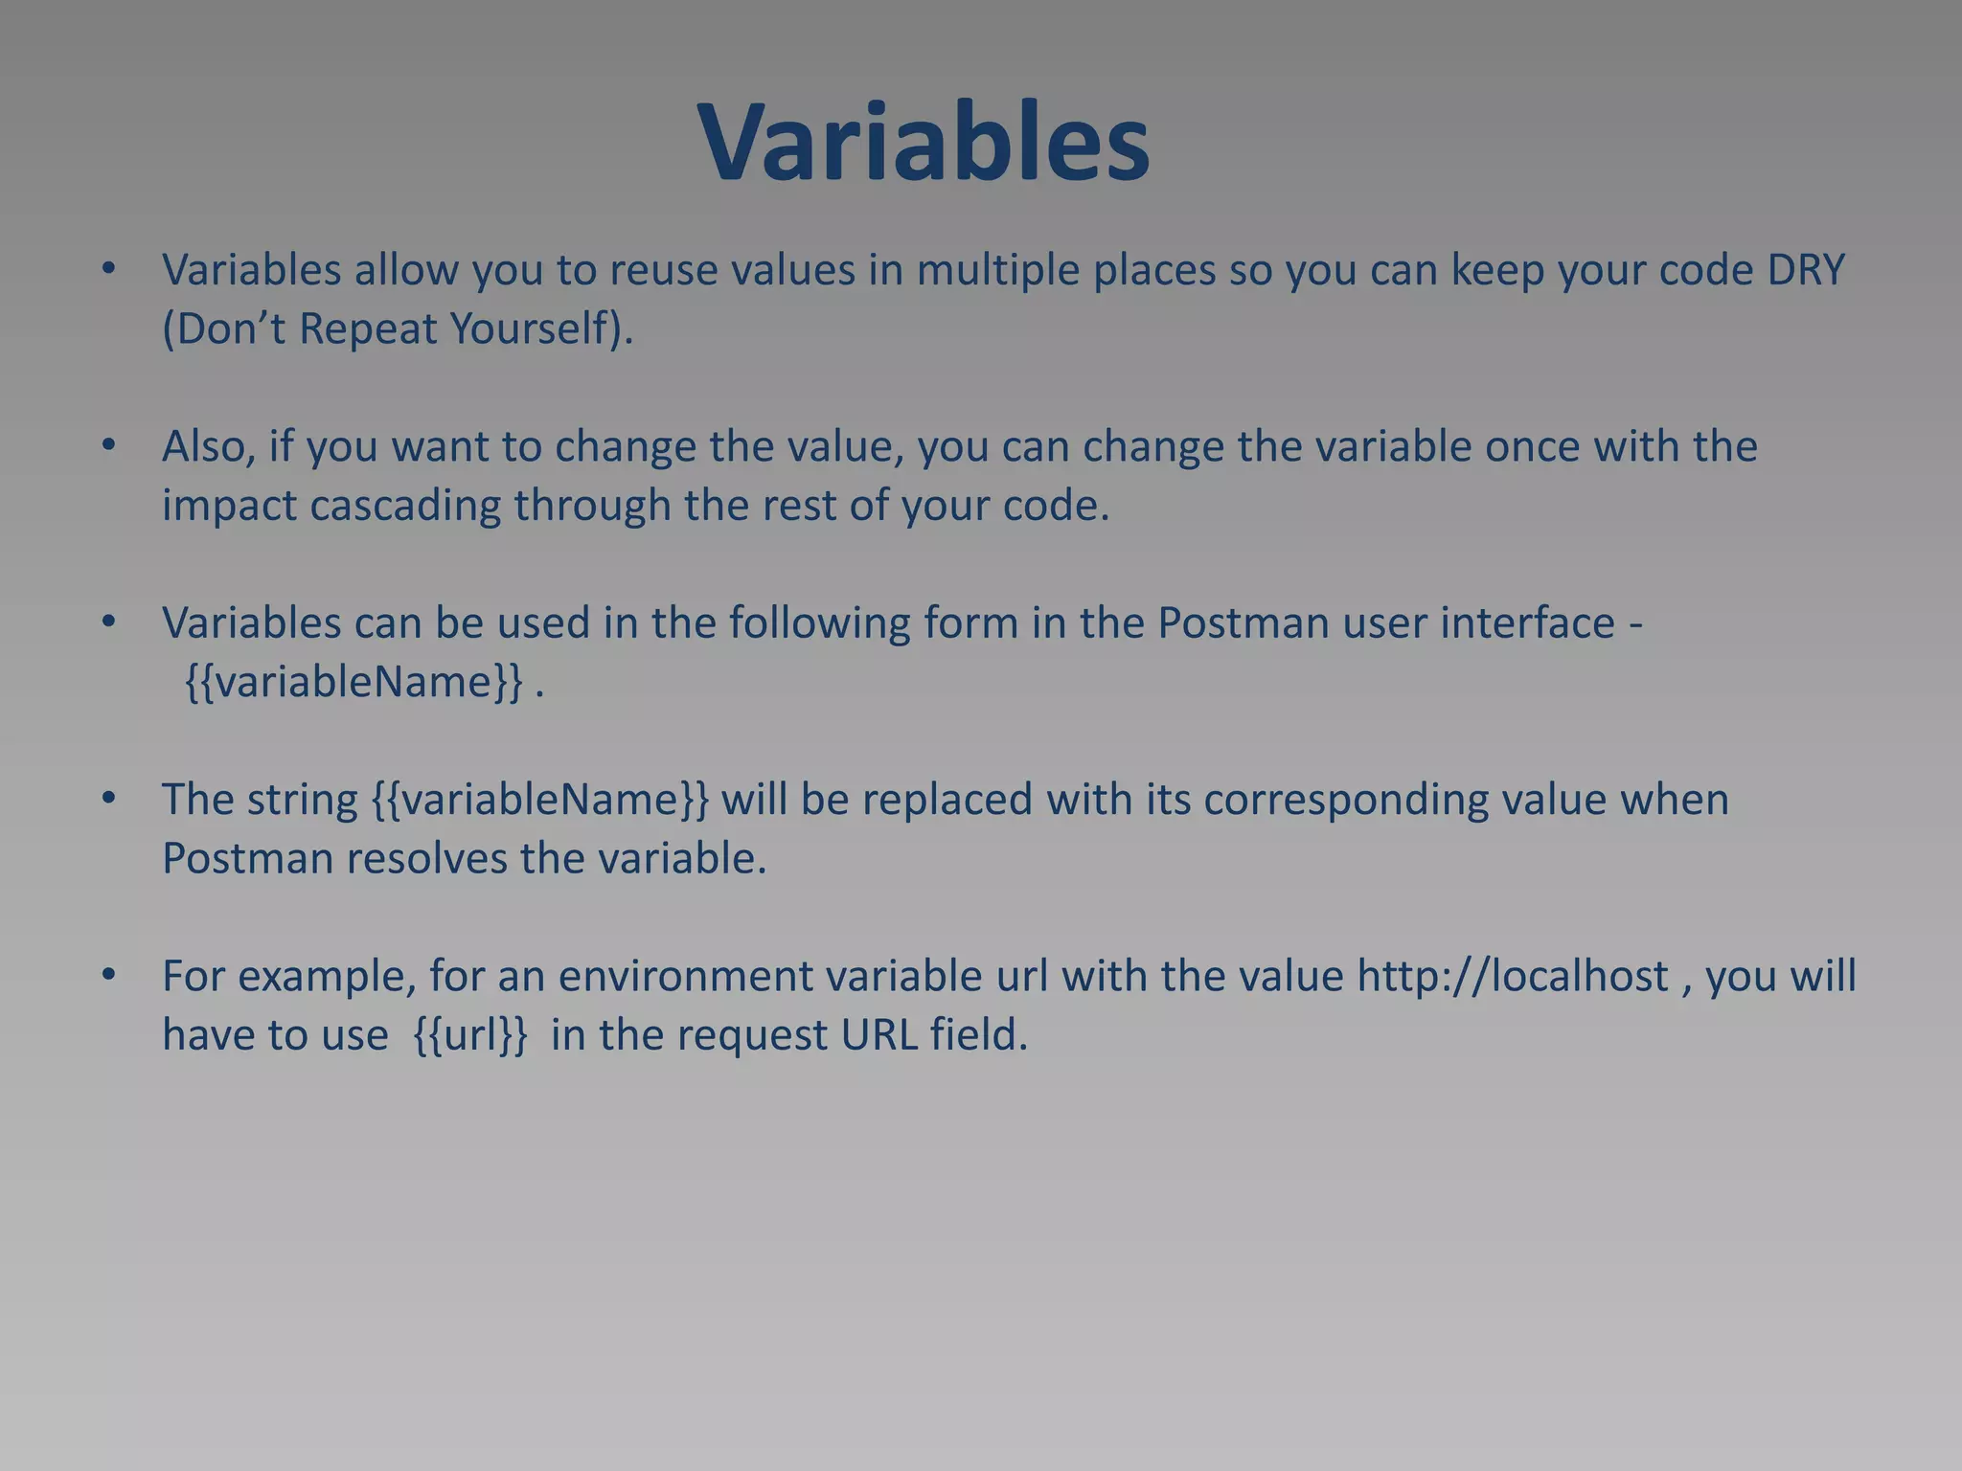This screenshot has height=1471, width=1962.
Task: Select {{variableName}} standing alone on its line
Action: [354, 683]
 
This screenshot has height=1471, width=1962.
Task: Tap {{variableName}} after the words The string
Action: [540, 800]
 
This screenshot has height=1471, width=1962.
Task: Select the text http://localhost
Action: [1513, 977]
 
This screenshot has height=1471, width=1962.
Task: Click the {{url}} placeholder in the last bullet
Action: [469, 1035]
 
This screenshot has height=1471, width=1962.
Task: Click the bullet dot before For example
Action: [109, 975]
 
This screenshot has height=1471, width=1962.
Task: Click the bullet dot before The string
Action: [109, 798]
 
